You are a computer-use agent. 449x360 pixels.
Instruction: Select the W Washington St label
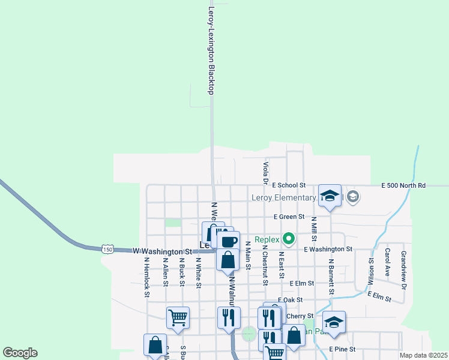click(161, 251)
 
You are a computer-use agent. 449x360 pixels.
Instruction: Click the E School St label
click(289, 186)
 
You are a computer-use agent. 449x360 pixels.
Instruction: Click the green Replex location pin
click(288, 239)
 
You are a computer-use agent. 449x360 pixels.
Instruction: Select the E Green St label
click(289, 217)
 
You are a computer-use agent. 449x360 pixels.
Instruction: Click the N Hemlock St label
click(146, 277)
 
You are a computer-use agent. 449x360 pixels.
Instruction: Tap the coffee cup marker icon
click(228, 241)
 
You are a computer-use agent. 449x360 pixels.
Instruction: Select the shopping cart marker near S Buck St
click(178, 317)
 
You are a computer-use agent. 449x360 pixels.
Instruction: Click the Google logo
click(20, 353)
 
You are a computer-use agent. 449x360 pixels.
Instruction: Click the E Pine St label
click(343, 349)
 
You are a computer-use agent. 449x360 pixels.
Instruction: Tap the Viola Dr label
click(265, 172)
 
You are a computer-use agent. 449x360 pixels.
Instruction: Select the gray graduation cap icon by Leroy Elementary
click(352, 196)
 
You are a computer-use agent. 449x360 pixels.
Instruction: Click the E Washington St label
click(328, 249)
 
